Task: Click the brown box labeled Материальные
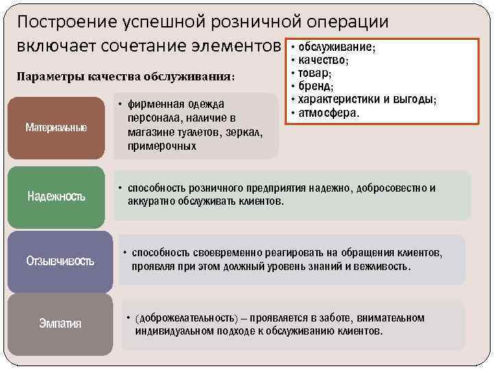(x=56, y=127)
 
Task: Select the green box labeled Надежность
(x=56, y=196)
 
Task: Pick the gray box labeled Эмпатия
(x=60, y=324)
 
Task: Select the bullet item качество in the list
(x=325, y=60)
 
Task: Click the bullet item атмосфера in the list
(x=329, y=112)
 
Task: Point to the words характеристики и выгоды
(x=368, y=99)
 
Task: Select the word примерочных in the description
(x=162, y=146)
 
